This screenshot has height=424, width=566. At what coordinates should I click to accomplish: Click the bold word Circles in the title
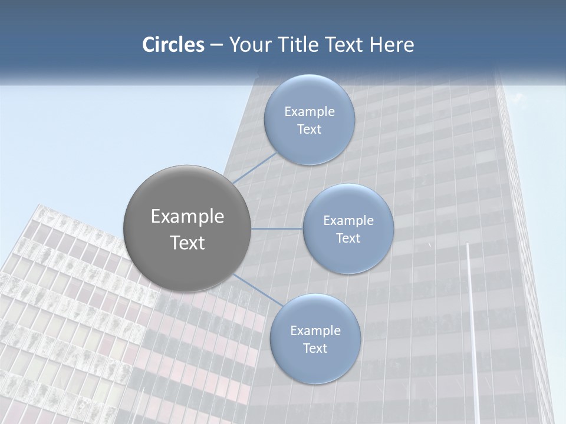coord(173,45)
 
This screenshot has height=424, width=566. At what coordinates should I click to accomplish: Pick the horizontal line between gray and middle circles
coord(277,228)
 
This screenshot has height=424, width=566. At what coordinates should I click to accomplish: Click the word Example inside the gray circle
coord(187,217)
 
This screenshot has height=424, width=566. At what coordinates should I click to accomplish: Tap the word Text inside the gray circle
coord(187,243)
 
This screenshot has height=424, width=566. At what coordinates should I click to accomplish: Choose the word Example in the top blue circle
coord(310,112)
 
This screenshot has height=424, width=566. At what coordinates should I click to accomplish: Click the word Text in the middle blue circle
coord(348,238)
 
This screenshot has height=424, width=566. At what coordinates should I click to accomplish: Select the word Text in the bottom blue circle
coord(315,349)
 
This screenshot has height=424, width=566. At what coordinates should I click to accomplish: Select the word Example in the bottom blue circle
coord(315,331)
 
